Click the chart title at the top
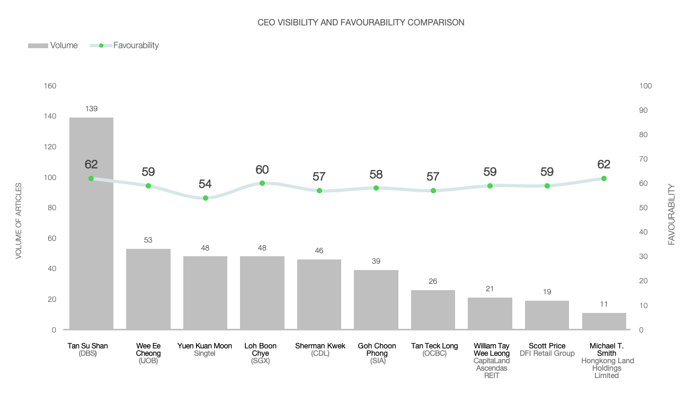tap(361, 22)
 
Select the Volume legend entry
tap(53, 46)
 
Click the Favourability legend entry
tap(125, 46)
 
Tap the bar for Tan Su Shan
tap(91, 238)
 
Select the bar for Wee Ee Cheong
tap(148, 289)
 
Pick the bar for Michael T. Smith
tap(604, 321)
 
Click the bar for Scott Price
tap(547, 315)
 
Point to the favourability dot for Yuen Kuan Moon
tap(206, 198)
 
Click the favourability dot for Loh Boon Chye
tap(262, 183)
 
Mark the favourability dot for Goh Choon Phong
tap(376, 188)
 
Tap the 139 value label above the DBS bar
tap(91, 109)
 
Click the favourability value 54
tap(205, 184)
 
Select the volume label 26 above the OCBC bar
tap(433, 281)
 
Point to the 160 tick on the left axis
tap(51, 86)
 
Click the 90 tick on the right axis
tap(646, 110)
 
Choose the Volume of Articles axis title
tap(19, 221)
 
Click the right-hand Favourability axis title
tap(672, 214)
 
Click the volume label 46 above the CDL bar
tap(319, 250)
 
